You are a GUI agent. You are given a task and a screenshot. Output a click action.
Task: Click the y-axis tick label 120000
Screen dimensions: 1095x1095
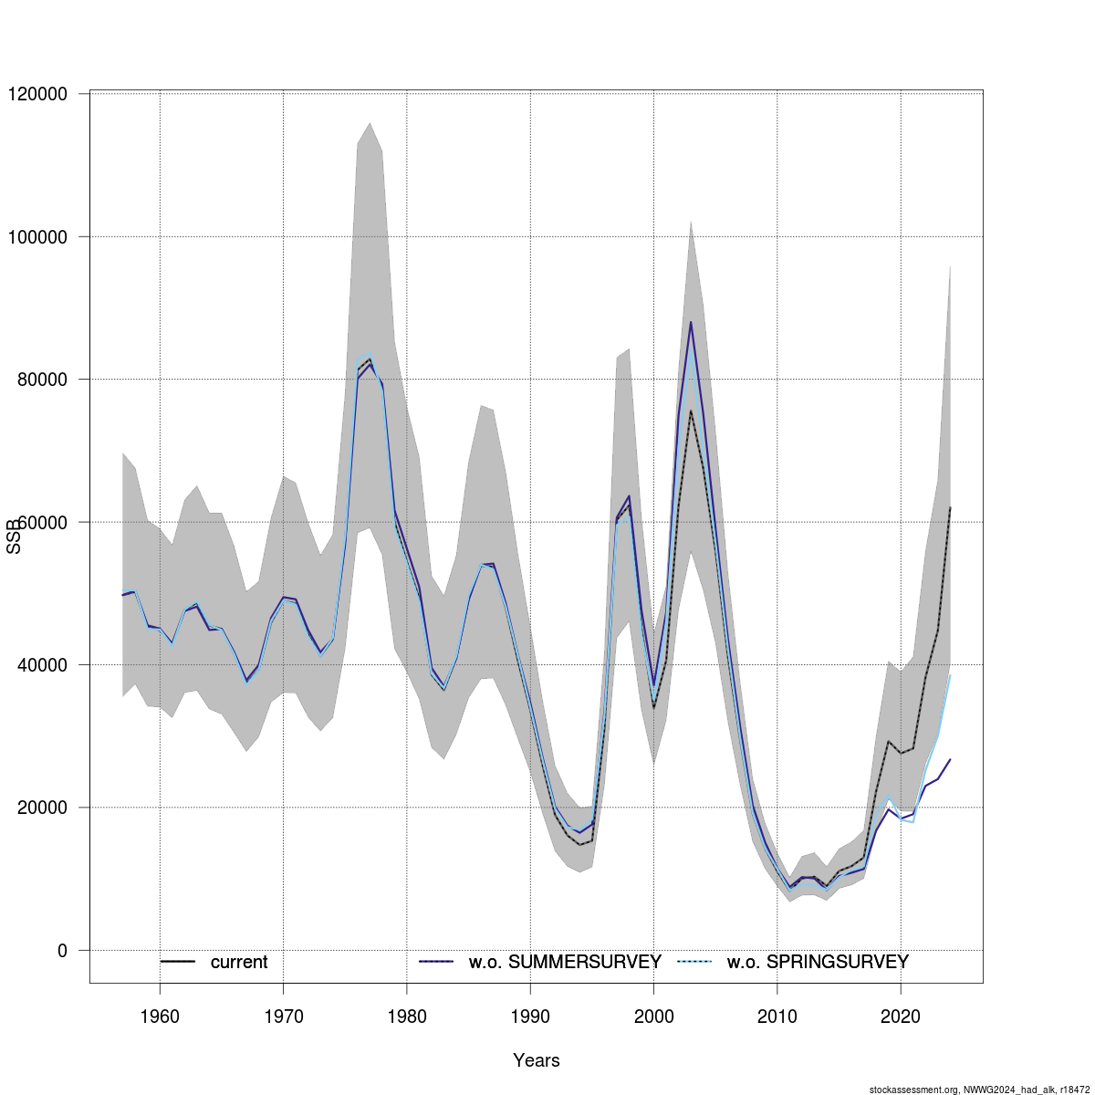pyautogui.click(x=37, y=94)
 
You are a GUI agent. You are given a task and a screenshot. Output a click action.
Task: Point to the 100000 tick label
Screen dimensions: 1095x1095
pyautogui.click(x=37, y=237)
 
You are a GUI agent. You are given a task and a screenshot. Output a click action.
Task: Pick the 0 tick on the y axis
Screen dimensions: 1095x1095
pyautogui.click(x=62, y=951)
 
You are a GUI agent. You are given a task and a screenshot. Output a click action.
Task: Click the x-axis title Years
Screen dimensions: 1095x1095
pyautogui.click(x=537, y=1060)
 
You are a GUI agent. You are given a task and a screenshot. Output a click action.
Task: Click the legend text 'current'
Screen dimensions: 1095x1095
pyautogui.click(x=239, y=963)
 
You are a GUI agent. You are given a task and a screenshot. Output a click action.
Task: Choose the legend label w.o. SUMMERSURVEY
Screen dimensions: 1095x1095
pyautogui.click(x=565, y=963)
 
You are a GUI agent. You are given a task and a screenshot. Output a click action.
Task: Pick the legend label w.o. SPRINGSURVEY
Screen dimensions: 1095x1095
pyautogui.click(x=818, y=963)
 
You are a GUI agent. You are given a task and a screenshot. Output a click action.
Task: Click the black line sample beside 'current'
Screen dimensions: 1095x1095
pyautogui.click(x=178, y=962)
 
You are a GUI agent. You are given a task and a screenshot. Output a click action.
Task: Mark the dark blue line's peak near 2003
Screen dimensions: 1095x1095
pyautogui.click(x=691, y=322)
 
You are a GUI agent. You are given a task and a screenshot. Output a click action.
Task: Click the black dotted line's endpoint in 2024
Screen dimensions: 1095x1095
pyautogui.click(x=950, y=507)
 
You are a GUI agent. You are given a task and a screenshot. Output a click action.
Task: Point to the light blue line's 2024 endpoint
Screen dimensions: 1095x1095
pyautogui.click(x=950, y=675)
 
